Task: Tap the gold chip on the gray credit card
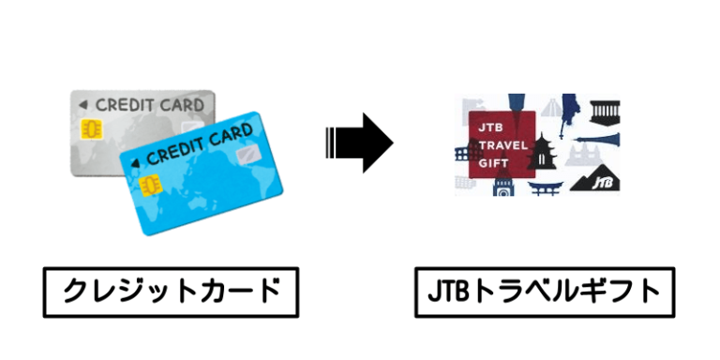click(x=93, y=128)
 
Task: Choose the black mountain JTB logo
click(x=599, y=178)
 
